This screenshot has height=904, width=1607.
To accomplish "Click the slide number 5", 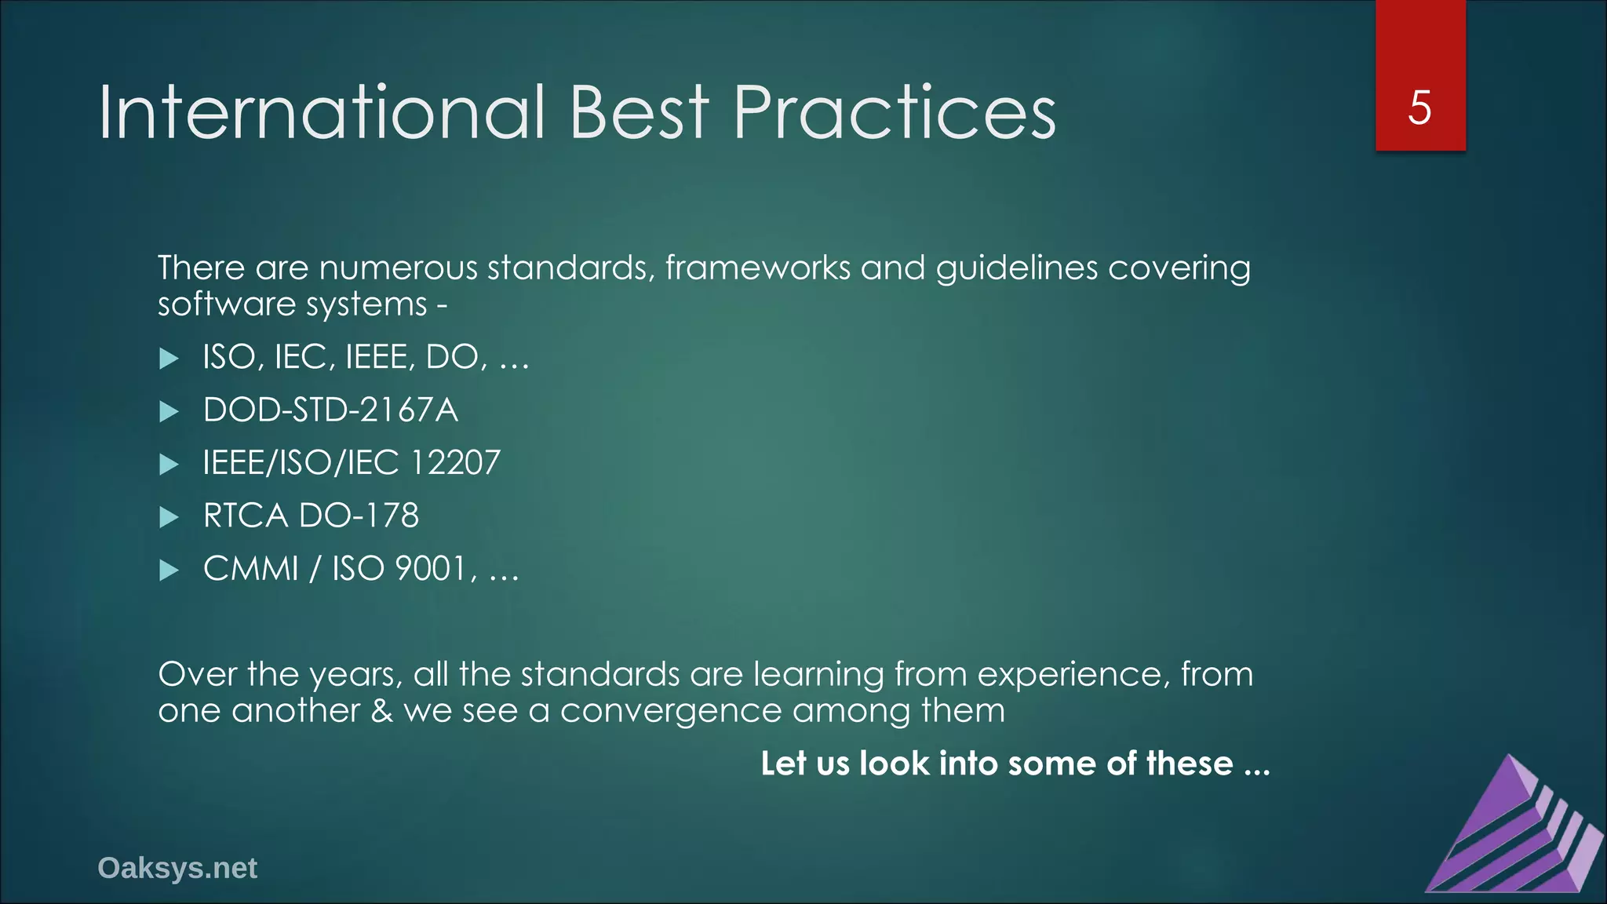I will pos(1419,108).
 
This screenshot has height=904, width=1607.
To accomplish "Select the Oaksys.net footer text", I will pos(177,868).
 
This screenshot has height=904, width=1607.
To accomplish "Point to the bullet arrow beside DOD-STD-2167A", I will pos(169,411).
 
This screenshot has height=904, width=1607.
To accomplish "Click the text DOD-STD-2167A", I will pos(330,410).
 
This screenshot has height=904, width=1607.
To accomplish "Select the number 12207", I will pos(454,462).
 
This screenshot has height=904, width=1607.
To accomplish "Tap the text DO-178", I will pos(359,516).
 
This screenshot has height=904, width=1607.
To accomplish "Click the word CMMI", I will pos(251,568).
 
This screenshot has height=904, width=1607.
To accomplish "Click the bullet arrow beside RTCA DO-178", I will pos(169,517).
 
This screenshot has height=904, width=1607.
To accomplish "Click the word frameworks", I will pos(758,268).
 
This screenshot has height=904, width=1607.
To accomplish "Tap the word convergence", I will pos(671,711).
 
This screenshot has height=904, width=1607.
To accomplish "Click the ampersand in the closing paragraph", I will pos(381,710).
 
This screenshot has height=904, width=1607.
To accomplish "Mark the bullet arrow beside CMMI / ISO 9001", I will pos(169,570).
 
